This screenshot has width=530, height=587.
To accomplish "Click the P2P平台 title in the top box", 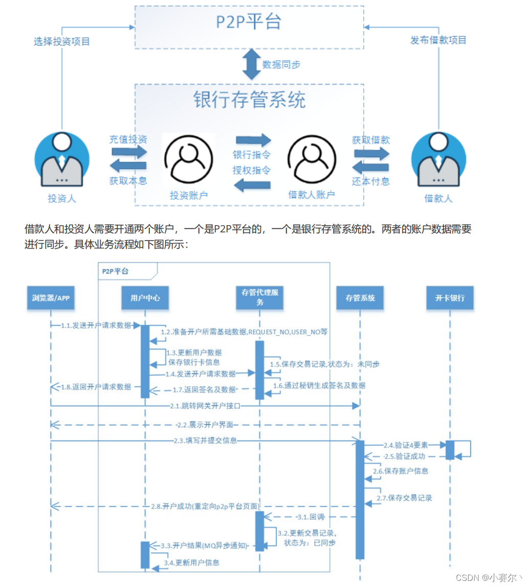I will point(249,24).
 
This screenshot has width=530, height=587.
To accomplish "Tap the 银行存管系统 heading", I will point(249,100).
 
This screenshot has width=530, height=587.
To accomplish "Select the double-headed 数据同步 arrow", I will point(252,64).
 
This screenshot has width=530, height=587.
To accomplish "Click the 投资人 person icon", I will point(62,160).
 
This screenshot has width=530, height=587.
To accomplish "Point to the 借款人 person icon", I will point(438,160).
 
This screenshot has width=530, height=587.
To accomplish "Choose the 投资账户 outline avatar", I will point(189,159).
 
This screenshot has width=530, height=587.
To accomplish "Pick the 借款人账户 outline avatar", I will point(312,159).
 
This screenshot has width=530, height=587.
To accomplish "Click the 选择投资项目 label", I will point(62,41).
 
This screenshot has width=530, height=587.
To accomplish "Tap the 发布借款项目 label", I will point(438,40).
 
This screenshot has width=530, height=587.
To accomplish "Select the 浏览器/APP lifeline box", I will point(51,298).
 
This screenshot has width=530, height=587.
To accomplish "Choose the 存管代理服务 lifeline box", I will point(260,298).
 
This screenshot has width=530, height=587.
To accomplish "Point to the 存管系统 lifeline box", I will point(360,298).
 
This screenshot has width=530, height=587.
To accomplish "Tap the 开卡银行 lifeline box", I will point(450,298).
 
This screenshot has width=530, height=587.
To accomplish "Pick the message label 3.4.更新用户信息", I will point(192,562).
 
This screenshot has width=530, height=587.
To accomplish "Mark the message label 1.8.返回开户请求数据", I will point(96,386).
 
